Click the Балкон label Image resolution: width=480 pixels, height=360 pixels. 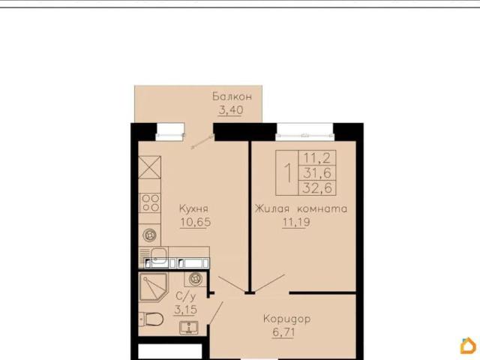point(232,97)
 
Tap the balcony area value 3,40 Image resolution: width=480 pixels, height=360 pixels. point(231,109)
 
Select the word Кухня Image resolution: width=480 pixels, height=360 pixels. point(193,208)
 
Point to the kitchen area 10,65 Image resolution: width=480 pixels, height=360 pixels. point(195,222)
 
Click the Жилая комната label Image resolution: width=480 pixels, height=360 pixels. point(301,208)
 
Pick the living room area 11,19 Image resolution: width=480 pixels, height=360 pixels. point(296,222)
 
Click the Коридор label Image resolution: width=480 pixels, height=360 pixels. point(286,319)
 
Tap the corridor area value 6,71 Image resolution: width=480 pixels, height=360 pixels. point(283,332)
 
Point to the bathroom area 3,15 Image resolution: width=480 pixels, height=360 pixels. point(185,310)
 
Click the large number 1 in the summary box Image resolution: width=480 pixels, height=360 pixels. point(287,173)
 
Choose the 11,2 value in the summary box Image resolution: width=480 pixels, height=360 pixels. point(316,158)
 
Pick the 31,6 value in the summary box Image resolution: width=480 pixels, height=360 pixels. point(317,173)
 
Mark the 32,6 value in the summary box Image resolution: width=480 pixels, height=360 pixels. point(317,187)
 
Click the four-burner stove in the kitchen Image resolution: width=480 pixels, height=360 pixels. point(150,203)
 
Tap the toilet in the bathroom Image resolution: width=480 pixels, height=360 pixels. point(151,319)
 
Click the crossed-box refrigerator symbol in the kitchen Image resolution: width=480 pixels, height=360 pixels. point(149,167)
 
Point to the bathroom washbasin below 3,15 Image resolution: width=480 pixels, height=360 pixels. point(189,328)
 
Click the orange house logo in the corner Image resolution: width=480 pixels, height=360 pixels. point(468,346)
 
